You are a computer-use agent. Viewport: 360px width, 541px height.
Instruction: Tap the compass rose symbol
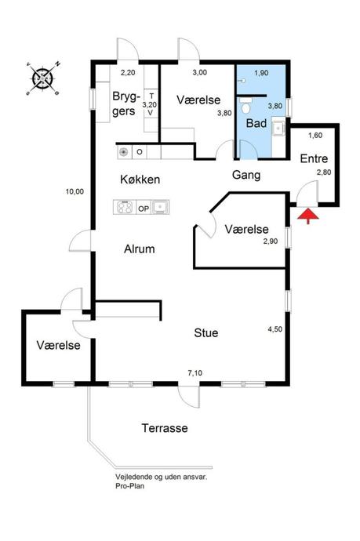point(42,78)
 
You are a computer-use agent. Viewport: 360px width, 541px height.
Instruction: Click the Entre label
point(315,159)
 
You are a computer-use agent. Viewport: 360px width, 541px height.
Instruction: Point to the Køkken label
point(140,180)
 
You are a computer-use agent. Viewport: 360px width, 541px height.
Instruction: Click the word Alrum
point(140,249)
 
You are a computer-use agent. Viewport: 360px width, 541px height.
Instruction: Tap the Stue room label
point(206,332)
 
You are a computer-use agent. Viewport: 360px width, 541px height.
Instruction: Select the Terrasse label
point(165,429)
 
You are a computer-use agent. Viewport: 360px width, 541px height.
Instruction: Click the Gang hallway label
point(246,174)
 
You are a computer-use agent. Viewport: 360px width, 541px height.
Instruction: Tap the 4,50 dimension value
point(275,329)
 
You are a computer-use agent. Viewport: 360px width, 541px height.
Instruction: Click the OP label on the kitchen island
point(144,208)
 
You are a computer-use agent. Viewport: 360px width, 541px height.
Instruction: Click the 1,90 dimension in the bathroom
point(260,73)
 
